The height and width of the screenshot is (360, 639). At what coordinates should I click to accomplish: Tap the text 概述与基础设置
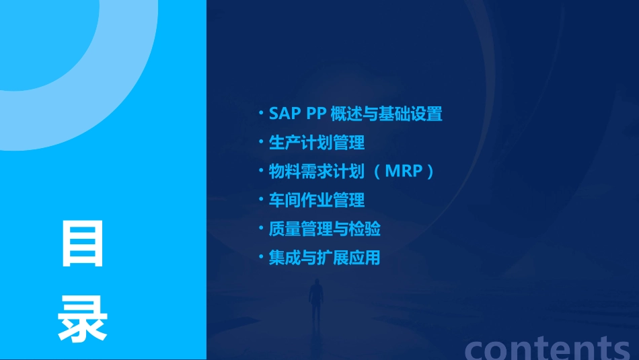coord(387,114)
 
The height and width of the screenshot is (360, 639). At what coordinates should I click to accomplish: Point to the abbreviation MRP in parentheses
coord(404,172)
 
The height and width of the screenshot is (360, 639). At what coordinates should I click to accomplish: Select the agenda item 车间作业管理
coord(317,200)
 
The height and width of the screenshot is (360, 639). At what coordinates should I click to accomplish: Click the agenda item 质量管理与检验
coord(325,229)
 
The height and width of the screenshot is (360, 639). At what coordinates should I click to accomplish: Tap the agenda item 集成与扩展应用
coord(325,258)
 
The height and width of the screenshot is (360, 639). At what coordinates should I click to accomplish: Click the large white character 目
coord(83,244)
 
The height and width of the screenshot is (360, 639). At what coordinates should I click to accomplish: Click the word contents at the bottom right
coord(548,348)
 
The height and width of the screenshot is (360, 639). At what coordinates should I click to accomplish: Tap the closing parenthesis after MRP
coord(430,172)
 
